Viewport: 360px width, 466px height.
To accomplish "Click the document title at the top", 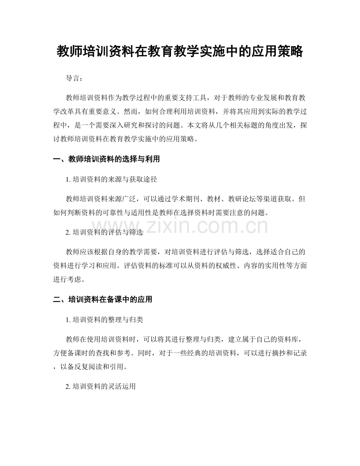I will click(180, 51).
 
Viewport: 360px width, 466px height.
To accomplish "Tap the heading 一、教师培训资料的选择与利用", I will click(106, 159).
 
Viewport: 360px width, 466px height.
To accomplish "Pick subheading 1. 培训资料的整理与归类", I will click(105, 320).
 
